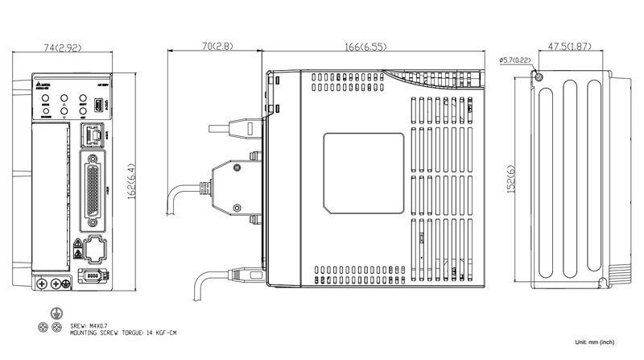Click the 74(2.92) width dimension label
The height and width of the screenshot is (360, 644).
pyautogui.click(x=62, y=48)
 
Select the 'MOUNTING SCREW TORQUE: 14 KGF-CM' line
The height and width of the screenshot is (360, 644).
pyautogui.click(x=123, y=332)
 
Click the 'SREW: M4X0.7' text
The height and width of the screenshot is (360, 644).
pyautogui.click(x=89, y=325)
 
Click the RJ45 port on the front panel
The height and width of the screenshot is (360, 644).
pyautogui.click(x=94, y=135)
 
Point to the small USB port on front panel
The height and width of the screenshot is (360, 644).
pyautogui.click(x=97, y=106)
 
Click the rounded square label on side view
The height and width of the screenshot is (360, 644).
pyautogui.click(x=363, y=174)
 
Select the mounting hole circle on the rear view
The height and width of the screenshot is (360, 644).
pyautogui.click(x=539, y=77)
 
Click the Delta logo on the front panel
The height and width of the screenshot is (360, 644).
pyautogui.click(x=42, y=84)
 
